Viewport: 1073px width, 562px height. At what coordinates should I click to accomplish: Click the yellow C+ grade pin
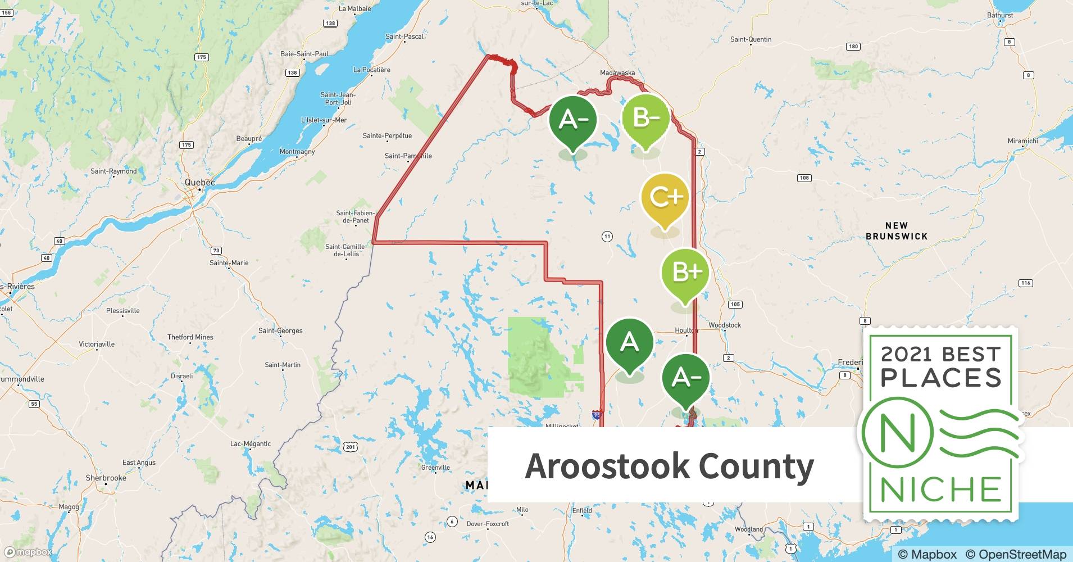[665, 198]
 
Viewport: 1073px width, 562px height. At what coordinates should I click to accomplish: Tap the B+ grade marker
[685, 273]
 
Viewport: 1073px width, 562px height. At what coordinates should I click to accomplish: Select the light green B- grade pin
[645, 119]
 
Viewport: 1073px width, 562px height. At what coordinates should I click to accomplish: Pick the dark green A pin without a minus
[630, 342]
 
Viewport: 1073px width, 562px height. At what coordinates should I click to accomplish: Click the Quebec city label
[200, 183]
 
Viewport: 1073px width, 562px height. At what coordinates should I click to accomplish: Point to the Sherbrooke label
[106, 478]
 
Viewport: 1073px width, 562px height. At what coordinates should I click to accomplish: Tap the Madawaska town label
[617, 73]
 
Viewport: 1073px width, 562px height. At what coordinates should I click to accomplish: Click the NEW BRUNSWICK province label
[896, 230]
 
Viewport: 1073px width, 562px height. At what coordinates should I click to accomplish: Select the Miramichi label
[1022, 140]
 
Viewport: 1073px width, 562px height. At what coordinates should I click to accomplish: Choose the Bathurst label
[1000, 15]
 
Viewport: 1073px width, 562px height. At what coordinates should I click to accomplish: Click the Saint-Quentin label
[751, 39]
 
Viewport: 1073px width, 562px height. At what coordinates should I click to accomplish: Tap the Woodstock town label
[725, 325]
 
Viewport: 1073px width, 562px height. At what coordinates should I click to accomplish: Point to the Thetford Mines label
[190, 337]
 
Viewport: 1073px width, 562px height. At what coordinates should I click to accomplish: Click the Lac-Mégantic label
[251, 443]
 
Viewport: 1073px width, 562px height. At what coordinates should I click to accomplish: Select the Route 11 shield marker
[607, 237]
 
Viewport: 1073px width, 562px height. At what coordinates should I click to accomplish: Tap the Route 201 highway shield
[351, 447]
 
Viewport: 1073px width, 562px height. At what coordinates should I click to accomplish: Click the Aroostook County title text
[669, 466]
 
